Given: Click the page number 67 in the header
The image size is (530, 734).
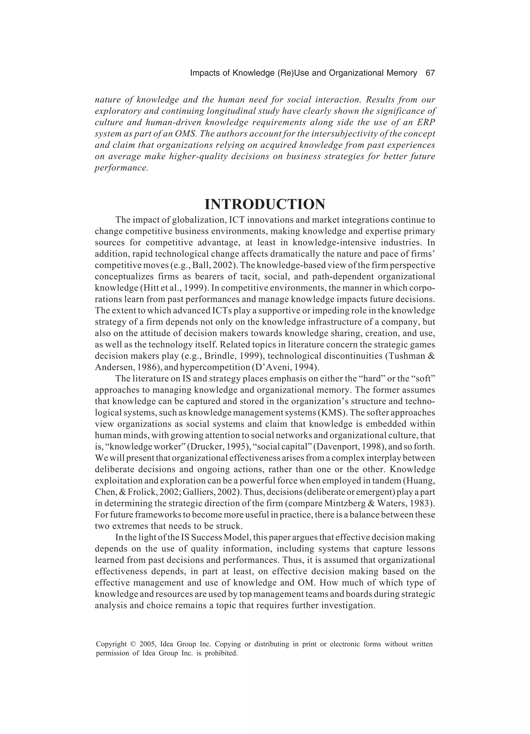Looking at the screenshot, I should (x=430, y=73).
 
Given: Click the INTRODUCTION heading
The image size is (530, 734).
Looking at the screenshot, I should (x=265, y=205).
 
